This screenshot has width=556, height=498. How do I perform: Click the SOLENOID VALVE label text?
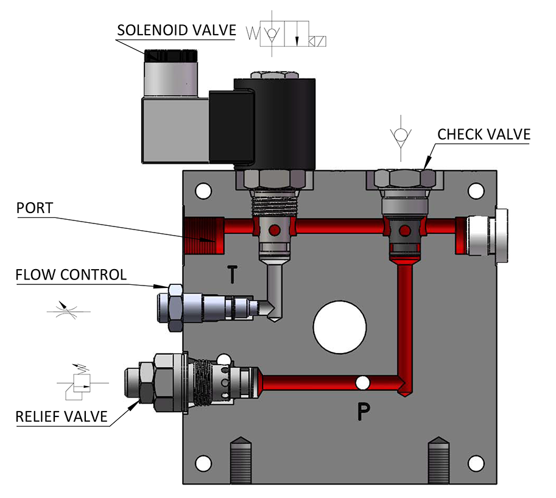coord(177,30)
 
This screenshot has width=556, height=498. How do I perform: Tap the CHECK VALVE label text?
coord(484,135)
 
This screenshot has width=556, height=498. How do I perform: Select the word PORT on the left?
coord(35,208)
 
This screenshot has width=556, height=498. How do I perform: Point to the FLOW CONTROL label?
coord(71,275)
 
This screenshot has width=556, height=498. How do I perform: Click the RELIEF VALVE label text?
coord(62,416)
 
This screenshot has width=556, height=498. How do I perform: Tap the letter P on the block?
coord(364,412)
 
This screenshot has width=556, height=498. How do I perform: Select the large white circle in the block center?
coord(340,327)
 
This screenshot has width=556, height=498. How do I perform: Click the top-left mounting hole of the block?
coord(203,191)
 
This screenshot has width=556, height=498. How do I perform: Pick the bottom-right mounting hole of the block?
coord(476,463)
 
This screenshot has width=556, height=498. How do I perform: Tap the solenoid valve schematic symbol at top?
coord(286,33)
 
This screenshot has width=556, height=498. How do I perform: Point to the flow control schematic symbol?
coord(69,311)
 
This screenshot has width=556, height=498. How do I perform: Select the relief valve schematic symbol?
coord(82,381)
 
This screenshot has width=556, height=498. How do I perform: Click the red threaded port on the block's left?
coord(204,236)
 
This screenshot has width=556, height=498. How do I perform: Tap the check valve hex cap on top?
coord(404,178)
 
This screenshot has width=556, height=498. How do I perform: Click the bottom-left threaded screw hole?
coord(241,460)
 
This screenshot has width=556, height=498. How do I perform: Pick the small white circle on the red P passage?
coord(363,383)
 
